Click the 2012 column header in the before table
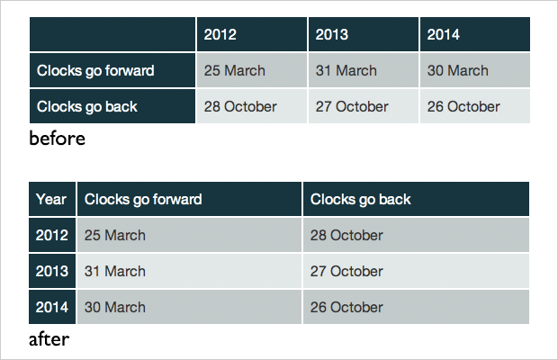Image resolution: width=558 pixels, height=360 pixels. point(220,34)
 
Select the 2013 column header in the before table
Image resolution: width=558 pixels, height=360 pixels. point(332,34)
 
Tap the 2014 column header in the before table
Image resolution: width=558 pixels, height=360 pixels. point(444,34)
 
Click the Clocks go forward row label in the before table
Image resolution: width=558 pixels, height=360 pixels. point(95,71)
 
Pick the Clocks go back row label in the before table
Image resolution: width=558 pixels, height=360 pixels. point(86,107)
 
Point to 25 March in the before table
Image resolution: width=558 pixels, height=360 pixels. point(235,71)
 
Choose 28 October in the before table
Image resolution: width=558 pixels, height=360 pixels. point(240,107)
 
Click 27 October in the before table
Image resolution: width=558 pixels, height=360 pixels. point(352,107)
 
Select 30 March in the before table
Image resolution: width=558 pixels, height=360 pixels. point(457,71)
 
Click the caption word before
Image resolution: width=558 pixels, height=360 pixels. point(58,138)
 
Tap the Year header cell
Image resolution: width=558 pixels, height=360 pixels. point(51,200)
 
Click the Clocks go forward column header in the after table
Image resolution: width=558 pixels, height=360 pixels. point(143,200)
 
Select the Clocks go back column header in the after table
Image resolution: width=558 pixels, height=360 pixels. point(361,200)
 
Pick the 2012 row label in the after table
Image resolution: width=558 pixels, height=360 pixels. point(52,236)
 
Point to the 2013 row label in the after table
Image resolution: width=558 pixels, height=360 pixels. point(52,272)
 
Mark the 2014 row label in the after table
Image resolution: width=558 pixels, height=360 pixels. point(52,308)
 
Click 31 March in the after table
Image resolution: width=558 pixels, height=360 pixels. point(115,272)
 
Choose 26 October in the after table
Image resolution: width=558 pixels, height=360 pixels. point(346,308)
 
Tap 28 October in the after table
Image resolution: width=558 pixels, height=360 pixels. point(346,236)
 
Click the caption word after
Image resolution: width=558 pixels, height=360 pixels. point(49,339)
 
